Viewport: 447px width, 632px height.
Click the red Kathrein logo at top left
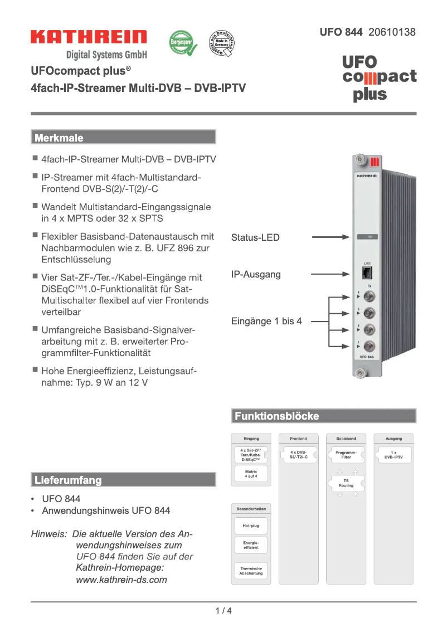tap(89, 37)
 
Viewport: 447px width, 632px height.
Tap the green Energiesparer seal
tap(183, 43)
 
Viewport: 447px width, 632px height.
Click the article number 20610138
tap(392, 32)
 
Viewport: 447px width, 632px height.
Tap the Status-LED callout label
tap(255, 237)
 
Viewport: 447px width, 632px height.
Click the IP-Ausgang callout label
tap(256, 274)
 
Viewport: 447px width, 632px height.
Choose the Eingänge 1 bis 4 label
tap(266, 321)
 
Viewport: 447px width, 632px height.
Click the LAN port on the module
tap(367, 273)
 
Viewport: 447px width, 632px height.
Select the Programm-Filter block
tap(346, 454)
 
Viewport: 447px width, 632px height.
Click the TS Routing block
tap(346, 483)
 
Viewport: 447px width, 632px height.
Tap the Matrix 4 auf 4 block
tap(251, 474)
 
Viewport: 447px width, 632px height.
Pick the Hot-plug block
tap(251, 525)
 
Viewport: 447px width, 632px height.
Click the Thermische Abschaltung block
tap(251, 571)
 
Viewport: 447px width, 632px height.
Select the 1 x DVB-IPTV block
tap(393, 454)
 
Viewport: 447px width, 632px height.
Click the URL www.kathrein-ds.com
tap(122, 580)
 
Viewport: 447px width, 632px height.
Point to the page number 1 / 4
tap(223, 610)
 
